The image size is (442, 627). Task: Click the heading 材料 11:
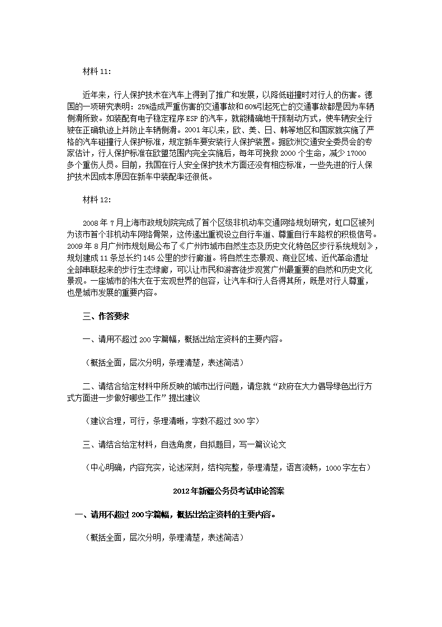point(96,71)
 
